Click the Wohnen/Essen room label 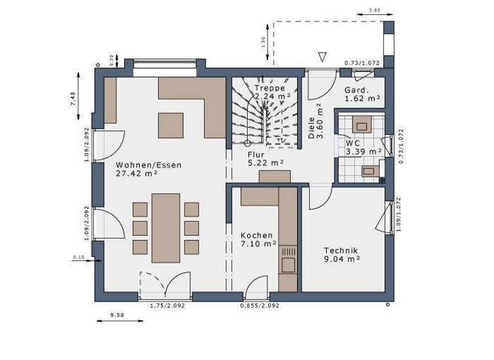(149, 165)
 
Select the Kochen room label (257, 235)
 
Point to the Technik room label (341, 251)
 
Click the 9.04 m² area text (342, 259)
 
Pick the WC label (352, 143)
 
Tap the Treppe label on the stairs (269, 87)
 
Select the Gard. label (356, 90)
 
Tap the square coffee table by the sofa (171, 125)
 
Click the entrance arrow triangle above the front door (322, 57)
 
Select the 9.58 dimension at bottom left (116, 315)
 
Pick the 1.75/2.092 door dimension (166, 305)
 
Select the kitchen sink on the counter (288, 263)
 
